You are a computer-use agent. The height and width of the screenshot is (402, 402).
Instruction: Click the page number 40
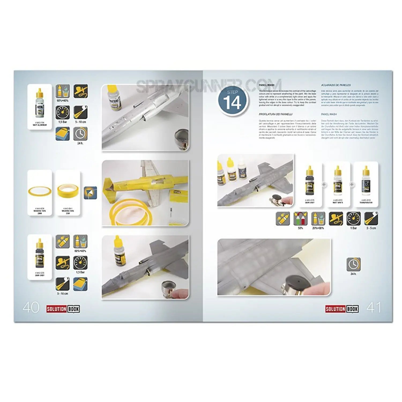coord(31,308)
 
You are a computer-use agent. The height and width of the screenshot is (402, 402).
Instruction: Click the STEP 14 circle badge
coord(233,100)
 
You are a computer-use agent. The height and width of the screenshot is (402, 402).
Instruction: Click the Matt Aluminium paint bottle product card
coord(40,107)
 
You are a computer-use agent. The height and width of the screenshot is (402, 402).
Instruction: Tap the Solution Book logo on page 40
coord(63,309)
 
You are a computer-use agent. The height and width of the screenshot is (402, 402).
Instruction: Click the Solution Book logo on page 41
coord(342,309)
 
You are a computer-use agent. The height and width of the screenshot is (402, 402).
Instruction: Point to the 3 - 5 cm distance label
coord(371,228)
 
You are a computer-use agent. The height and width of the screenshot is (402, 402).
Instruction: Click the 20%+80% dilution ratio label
coord(318,228)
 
